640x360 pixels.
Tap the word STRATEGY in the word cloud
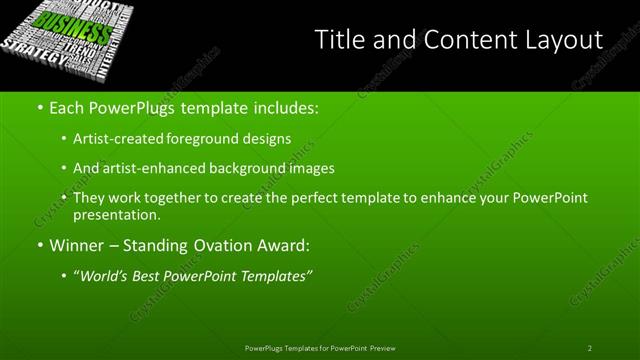(27, 51)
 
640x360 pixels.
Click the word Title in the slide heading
(338, 40)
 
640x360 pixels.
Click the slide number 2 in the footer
(590, 348)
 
